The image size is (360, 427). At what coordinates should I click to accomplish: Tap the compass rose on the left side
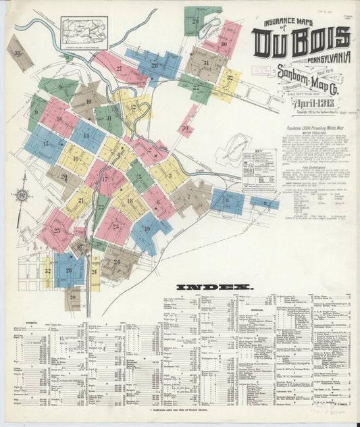22,196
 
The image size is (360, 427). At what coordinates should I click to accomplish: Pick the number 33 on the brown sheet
18,53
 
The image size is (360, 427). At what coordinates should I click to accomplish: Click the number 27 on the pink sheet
119,68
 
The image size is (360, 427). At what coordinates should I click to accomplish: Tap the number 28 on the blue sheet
154,65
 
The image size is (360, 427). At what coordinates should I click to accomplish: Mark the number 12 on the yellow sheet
132,107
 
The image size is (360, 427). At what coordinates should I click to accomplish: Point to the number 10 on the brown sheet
88,101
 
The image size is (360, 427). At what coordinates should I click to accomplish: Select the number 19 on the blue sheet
147,230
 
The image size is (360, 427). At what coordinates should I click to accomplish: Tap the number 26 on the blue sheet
68,271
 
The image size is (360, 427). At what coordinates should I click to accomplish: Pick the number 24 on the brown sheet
116,261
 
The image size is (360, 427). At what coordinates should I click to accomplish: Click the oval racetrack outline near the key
233,146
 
